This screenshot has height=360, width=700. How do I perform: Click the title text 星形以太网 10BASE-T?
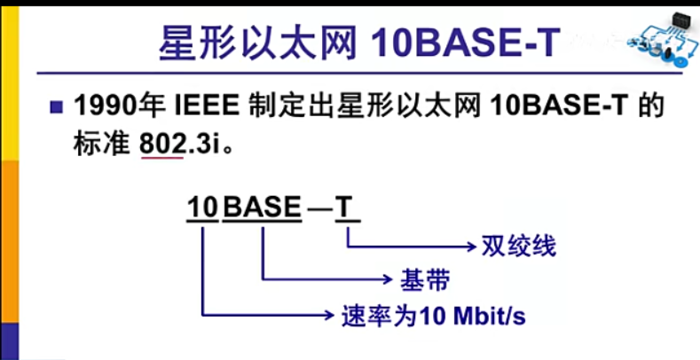(358, 42)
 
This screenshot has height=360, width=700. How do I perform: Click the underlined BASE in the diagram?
(262, 208)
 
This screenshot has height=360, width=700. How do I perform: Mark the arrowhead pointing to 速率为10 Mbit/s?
(329, 315)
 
